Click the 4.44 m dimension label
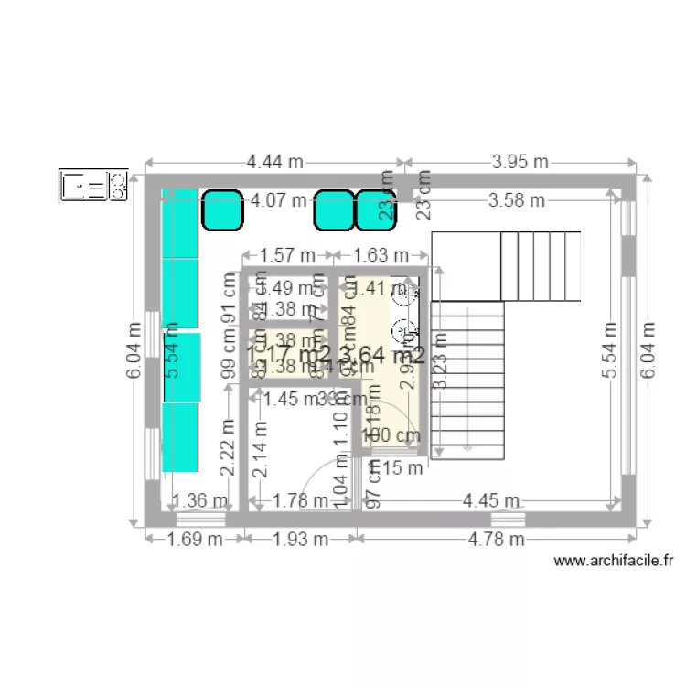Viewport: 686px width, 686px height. [274, 162]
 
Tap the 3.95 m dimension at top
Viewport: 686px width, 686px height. [520, 162]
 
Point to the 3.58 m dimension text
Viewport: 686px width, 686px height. [516, 199]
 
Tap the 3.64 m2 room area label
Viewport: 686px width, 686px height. [381, 354]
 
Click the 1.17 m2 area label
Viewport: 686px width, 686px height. [287, 354]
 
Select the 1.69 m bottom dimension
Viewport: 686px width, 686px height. [195, 539]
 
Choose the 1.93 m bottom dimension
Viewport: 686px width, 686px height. [300, 539]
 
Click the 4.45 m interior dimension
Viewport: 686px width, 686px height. [491, 500]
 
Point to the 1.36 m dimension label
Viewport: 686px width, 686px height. [200, 500]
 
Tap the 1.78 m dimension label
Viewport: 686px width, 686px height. [301, 500]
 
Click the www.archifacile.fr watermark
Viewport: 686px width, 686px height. [614, 562]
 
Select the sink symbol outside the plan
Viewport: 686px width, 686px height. [92, 186]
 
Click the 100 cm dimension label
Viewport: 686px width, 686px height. [391, 436]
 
